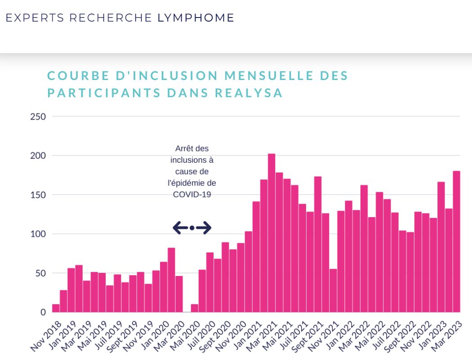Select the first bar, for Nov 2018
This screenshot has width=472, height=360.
[x=56, y=308]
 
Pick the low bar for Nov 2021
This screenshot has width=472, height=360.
[x=333, y=290]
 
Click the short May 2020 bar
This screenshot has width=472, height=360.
[x=194, y=308]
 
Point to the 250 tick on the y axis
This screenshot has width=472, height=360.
[x=38, y=117]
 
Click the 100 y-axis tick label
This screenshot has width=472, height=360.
[x=38, y=234]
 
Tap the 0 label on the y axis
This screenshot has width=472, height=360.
[x=43, y=312]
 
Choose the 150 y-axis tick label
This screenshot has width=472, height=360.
[x=38, y=195]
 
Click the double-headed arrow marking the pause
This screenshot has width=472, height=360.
[x=192, y=228]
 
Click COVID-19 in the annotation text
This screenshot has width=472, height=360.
[x=191, y=195]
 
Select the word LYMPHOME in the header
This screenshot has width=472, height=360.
[x=196, y=18]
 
